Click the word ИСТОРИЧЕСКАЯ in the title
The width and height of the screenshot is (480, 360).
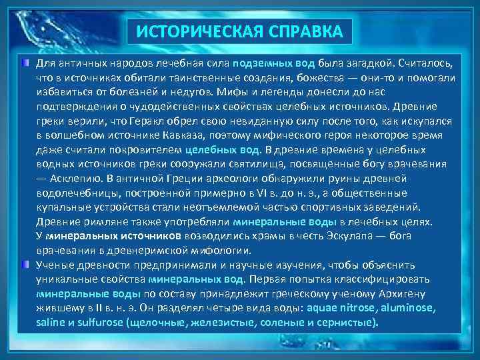(190, 31)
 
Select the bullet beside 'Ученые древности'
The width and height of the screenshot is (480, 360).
(25, 263)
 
